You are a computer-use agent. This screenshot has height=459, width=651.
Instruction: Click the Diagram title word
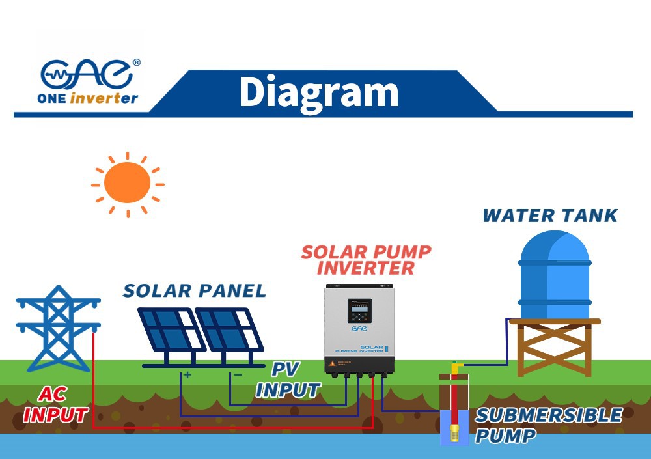(x=318, y=92)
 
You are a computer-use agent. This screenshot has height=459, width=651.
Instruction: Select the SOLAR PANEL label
(x=194, y=290)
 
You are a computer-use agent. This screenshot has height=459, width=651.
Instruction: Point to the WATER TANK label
(x=550, y=216)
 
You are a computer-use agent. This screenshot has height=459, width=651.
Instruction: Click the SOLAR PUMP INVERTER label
(x=366, y=260)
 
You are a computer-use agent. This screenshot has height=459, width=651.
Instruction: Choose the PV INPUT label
(x=288, y=380)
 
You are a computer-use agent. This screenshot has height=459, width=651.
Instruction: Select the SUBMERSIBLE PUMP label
(x=548, y=424)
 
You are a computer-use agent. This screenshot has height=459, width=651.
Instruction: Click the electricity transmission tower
(x=59, y=329)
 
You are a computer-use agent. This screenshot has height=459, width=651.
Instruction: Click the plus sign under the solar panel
(x=187, y=375)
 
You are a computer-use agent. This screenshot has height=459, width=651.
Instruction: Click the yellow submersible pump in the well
(x=454, y=426)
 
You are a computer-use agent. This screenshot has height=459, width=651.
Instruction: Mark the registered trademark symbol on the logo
(x=136, y=63)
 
